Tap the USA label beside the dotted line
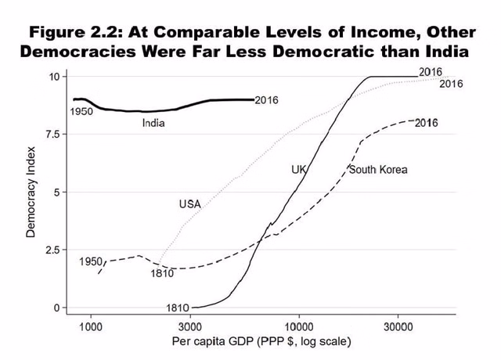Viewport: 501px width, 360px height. (x=190, y=204)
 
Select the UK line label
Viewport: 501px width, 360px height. (x=298, y=169)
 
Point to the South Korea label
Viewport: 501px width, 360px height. (x=378, y=169)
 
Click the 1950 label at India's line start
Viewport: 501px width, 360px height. (x=81, y=112)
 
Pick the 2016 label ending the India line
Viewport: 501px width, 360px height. (x=267, y=99)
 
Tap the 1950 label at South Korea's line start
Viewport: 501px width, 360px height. (x=91, y=261)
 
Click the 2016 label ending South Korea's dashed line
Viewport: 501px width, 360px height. (x=426, y=123)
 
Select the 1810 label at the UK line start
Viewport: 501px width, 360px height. (x=178, y=308)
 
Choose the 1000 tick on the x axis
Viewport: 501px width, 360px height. (x=91, y=326)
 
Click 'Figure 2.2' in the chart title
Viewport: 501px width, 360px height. (x=75, y=34)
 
